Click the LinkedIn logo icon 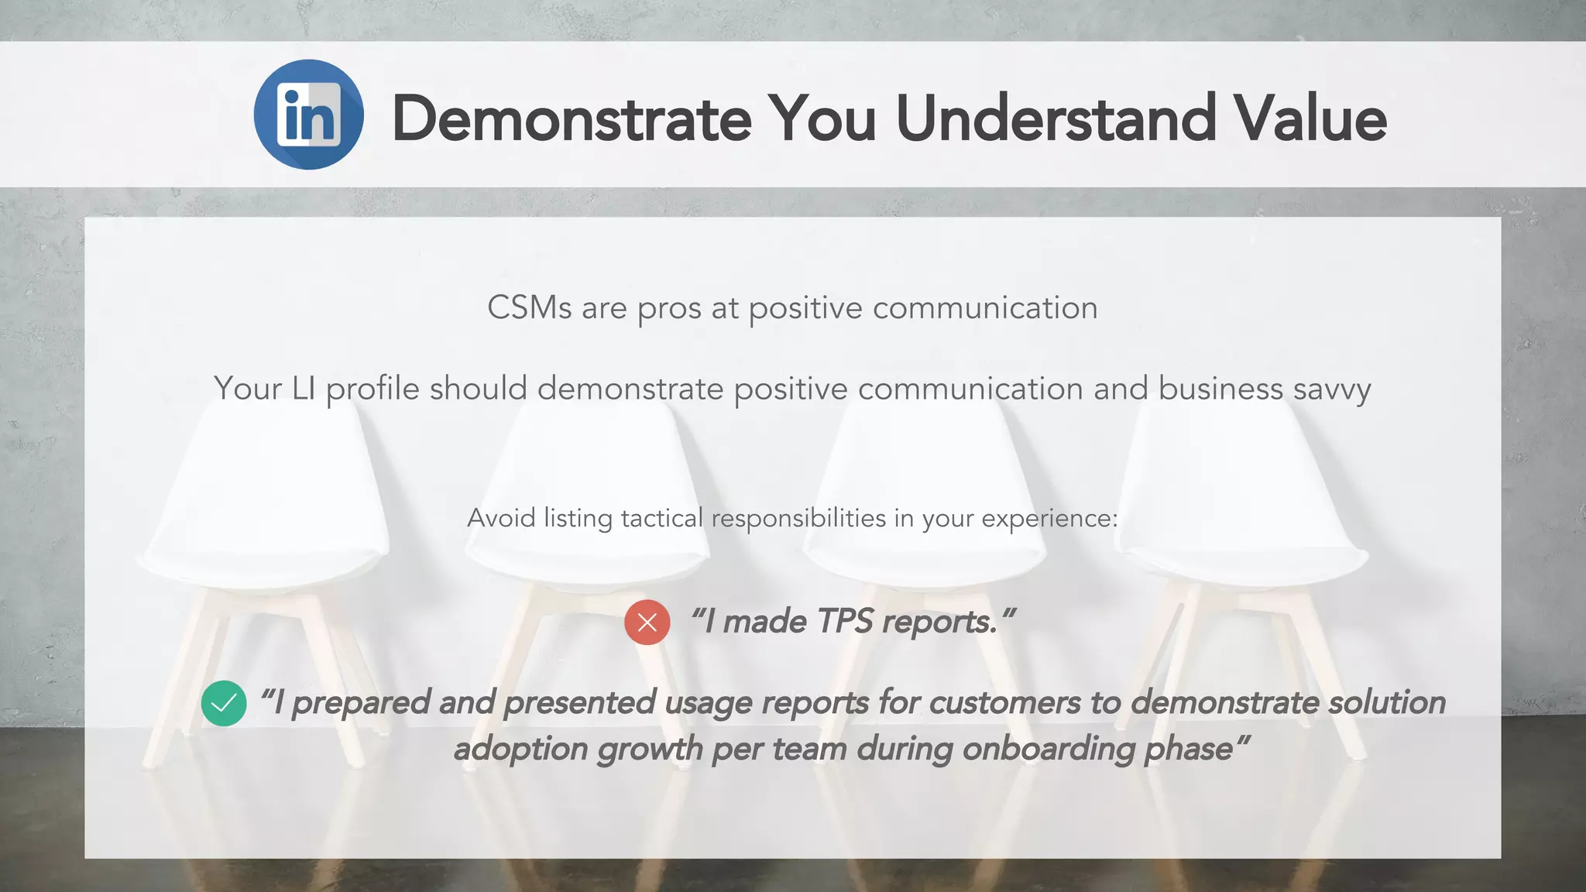[308, 115]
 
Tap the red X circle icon [647, 623]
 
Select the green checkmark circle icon [224, 703]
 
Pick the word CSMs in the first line [529, 308]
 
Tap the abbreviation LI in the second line [303, 389]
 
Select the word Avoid [501, 518]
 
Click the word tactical [662, 518]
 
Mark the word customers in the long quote [1004, 703]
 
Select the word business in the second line [1220, 389]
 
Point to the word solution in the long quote [1387, 703]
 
